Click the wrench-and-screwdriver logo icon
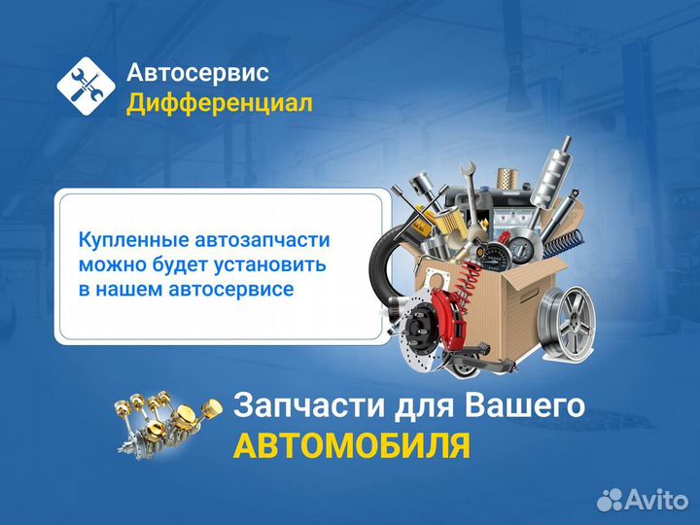click(x=86, y=87)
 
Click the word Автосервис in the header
click(x=198, y=72)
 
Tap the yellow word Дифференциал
click(x=220, y=102)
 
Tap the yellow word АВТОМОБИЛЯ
click(x=352, y=444)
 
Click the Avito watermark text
click(x=651, y=499)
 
